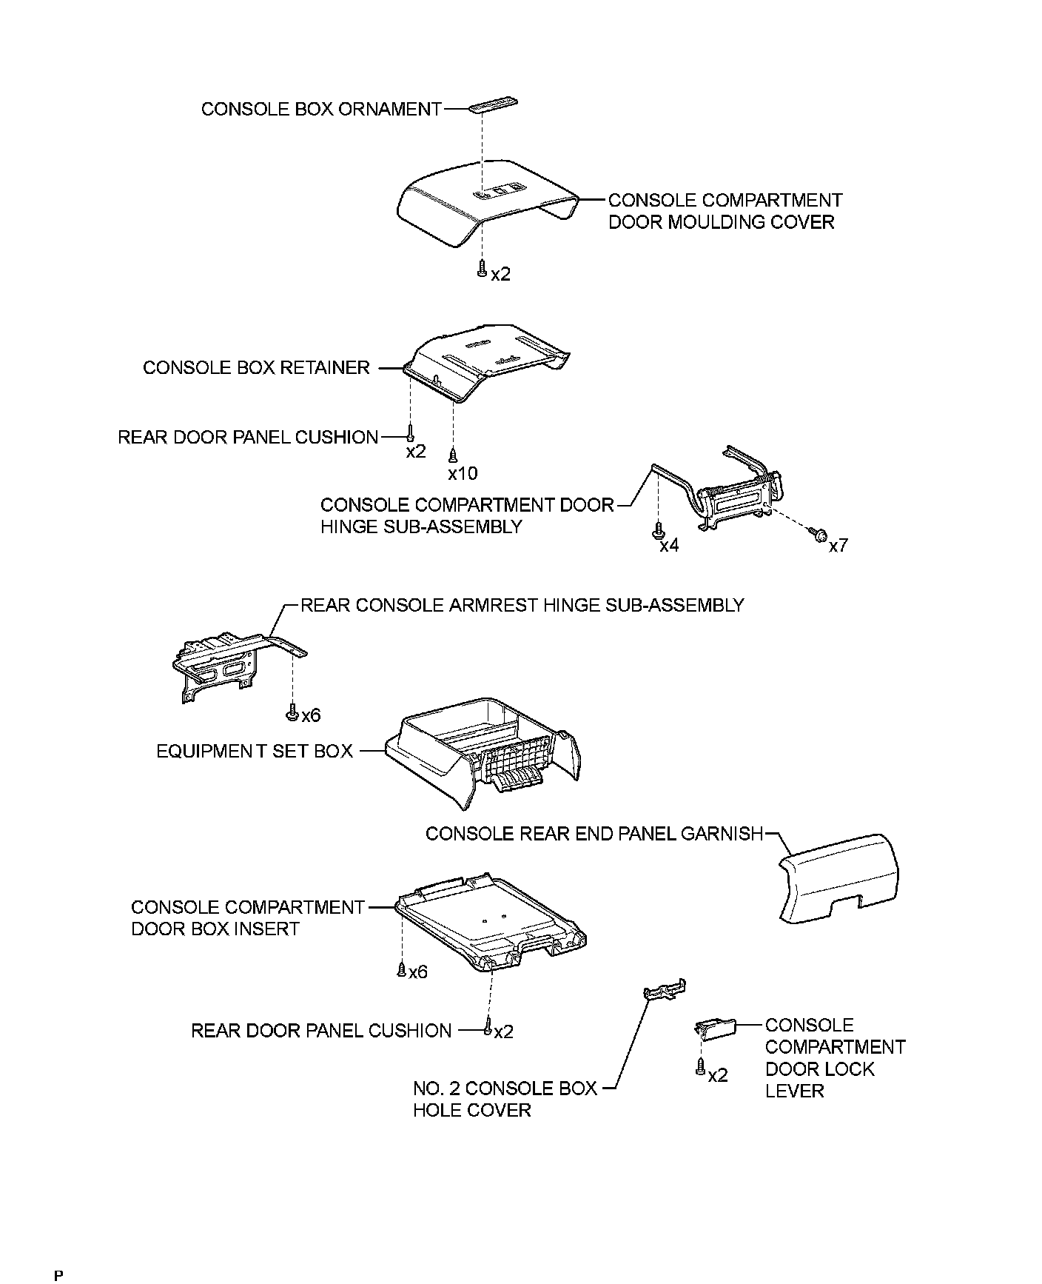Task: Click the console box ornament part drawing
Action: pos(493,104)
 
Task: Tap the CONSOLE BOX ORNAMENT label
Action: pos(321,110)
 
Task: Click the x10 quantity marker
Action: pos(463,473)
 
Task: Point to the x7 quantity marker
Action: pos(838,546)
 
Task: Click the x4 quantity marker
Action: pos(669,546)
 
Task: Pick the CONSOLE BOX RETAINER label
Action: pos(256,368)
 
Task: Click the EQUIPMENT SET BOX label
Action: pos(255,752)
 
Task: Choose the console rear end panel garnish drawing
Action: pos(839,877)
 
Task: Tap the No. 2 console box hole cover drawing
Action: pos(665,992)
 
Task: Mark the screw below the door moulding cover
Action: pos(482,269)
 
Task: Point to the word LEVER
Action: pos(794,1091)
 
